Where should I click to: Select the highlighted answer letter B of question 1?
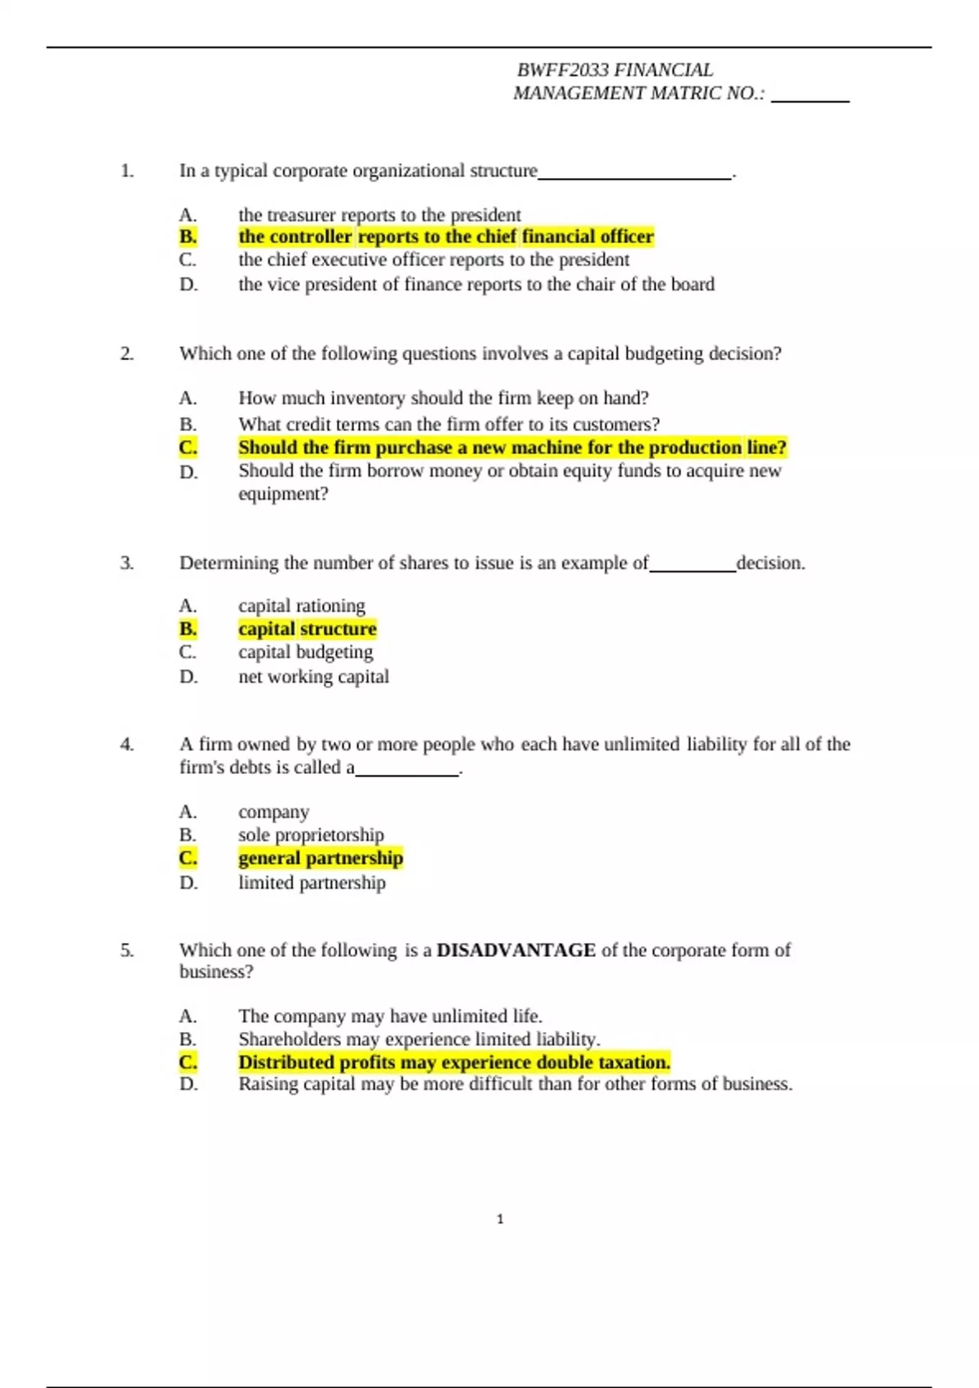(188, 237)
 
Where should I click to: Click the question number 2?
(126, 354)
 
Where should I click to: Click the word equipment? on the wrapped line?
(283, 494)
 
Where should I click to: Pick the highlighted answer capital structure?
(307, 629)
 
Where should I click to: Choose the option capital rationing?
(301, 606)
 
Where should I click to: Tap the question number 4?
(126, 744)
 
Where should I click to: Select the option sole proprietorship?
(311, 834)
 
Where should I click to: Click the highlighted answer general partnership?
(321, 858)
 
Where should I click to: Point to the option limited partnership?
(312, 883)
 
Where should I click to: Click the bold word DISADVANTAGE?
(516, 950)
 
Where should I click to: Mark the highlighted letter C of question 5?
(188, 1062)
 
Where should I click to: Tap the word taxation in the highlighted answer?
(635, 1062)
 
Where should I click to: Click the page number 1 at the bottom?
(500, 1219)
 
